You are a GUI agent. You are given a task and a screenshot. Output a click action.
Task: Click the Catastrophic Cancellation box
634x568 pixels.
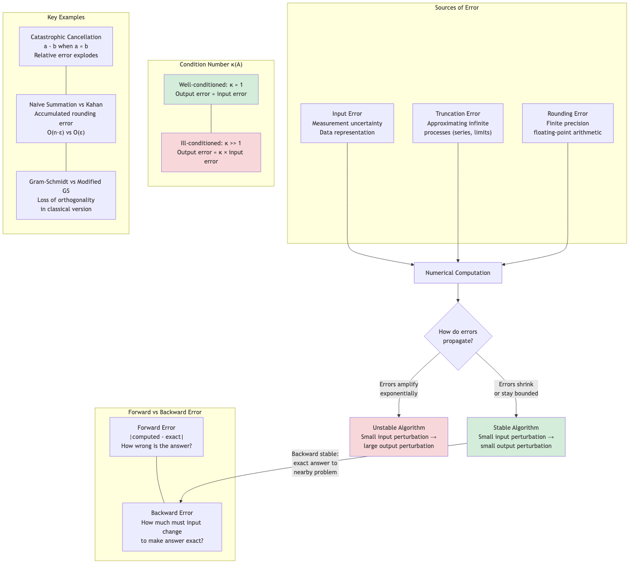pos(66,47)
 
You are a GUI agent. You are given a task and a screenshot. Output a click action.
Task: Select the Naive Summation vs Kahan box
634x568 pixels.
pos(66,118)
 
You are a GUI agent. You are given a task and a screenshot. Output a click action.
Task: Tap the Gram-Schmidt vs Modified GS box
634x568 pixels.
pos(66,195)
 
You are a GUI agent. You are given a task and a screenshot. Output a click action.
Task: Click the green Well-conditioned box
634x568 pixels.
pos(211,89)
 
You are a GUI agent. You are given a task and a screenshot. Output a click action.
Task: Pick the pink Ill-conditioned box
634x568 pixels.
pos(211,152)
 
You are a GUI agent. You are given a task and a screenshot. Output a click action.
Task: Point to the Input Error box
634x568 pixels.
pos(347,123)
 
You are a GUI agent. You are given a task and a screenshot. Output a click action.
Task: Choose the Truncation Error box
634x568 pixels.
pos(458,123)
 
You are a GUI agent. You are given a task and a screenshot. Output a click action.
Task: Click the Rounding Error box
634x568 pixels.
pos(568,123)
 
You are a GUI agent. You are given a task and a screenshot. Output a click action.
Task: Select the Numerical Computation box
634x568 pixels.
pos(458,273)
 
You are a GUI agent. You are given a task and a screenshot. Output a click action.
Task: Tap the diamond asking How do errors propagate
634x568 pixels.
pos(458,336)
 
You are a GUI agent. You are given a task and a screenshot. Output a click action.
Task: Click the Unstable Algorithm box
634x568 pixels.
pos(398,437)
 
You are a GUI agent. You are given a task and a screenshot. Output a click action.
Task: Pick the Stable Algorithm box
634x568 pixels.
pos(516,437)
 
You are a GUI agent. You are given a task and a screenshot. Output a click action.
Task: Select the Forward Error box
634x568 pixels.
pos(156,437)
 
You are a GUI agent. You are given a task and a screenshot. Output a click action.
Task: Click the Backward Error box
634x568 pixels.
pos(172,527)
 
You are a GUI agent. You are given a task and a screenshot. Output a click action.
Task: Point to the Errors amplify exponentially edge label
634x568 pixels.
pos(399,389)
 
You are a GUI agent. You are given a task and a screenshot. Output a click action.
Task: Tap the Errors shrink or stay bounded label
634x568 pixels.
pos(516,389)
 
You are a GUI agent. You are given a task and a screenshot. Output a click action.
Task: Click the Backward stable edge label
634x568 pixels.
pos(315,463)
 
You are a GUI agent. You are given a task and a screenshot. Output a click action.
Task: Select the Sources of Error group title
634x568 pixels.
pos(457,8)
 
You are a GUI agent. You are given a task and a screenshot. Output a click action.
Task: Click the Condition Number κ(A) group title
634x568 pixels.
pos(211,65)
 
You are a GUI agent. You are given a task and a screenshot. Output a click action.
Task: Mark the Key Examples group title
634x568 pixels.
pos(66,18)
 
